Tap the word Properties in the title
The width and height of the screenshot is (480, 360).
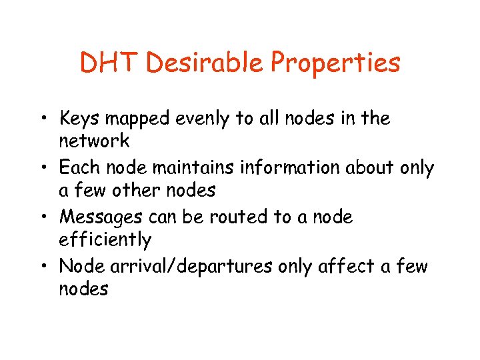(337, 64)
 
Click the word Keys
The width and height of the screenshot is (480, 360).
(79, 119)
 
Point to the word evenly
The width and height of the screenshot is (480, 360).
(199, 119)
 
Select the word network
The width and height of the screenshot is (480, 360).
(94, 141)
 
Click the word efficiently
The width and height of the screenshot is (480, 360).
(105, 240)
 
